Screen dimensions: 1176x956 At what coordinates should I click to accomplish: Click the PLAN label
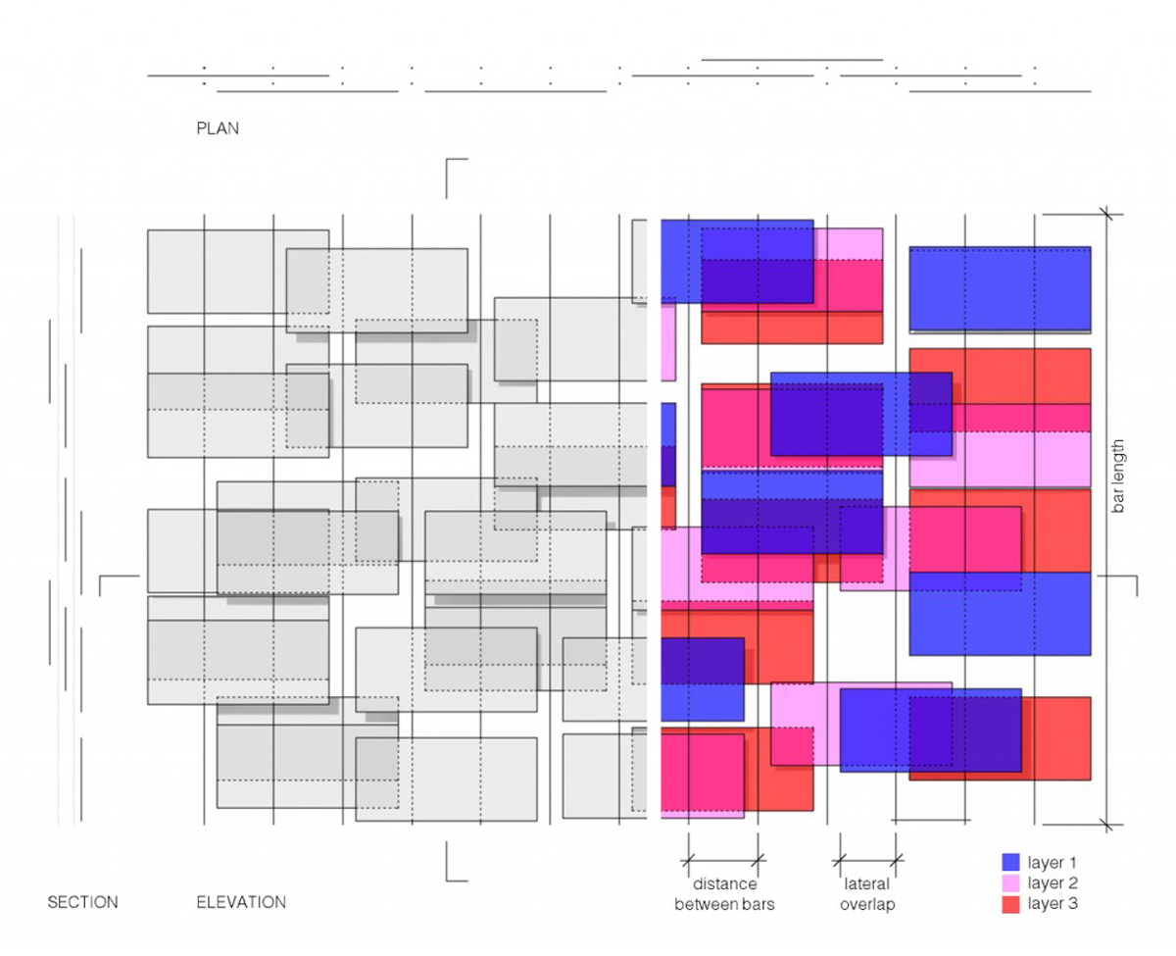click(218, 128)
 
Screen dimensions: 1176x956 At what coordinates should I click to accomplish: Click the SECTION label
click(83, 902)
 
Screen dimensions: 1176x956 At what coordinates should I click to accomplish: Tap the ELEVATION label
click(241, 902)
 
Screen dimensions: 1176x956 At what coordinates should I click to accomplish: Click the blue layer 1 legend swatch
click(1010, 862)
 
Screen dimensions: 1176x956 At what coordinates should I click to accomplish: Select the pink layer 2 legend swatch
click(1010, 882)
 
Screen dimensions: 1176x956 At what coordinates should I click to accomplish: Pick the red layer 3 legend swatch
click(1010, 904)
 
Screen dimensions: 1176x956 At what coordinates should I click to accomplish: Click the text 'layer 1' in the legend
click(1052, 862)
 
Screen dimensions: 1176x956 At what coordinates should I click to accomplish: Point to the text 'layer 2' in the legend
click(1053, 882)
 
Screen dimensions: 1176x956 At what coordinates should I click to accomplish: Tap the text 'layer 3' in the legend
click(1053, 903)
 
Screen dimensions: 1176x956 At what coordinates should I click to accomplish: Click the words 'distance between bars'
click(724, 893)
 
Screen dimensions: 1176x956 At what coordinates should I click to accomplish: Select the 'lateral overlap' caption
click(867, 893)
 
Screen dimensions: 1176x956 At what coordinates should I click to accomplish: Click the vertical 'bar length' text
click(1117, 477)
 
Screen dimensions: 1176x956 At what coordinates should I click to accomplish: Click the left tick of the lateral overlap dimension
click(840, 860)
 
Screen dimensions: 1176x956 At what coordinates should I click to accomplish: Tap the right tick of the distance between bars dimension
click(759, 860)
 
